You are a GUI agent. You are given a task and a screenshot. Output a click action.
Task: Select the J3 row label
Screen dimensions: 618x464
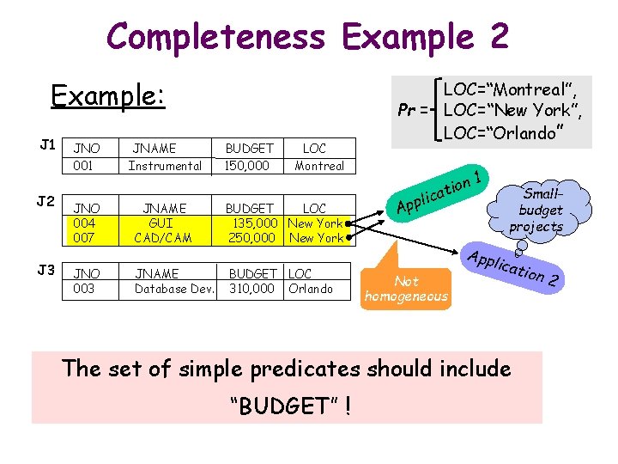[x=48, y=270]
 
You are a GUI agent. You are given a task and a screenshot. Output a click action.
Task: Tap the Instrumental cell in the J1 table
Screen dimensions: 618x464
[x=165, y=166]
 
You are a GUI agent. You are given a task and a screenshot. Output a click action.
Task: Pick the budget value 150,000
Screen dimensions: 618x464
[x=247, y=166]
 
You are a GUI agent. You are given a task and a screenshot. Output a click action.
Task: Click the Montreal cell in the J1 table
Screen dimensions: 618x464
[x=318, y=166]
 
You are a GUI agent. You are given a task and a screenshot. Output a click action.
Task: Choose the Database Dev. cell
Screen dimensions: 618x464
[x=175, y=289]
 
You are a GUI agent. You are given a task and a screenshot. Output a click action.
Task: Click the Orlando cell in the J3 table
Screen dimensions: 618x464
[x=311, y=289]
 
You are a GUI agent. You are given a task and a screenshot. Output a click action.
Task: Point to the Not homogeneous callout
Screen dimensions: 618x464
[x=406, y=289]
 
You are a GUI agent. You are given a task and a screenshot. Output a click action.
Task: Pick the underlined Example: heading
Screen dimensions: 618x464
[x=106, y=95]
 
